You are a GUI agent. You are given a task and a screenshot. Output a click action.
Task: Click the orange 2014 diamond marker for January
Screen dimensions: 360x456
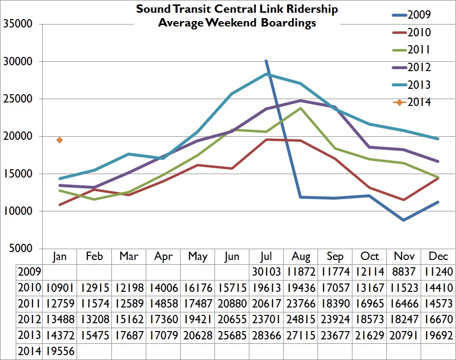(x=59, y=140)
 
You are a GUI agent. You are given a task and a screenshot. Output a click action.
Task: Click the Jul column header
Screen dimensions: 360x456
(x=266, y=257)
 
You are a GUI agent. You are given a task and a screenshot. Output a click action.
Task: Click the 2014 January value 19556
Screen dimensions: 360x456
(x=59, y=352)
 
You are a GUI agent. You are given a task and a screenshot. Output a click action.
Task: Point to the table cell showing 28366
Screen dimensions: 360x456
(x=266, y=336)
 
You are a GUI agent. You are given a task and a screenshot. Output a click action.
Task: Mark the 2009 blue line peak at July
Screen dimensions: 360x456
(x=266, y=61)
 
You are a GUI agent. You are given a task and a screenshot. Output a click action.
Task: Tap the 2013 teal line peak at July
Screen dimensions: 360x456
(x=266, y=74)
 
